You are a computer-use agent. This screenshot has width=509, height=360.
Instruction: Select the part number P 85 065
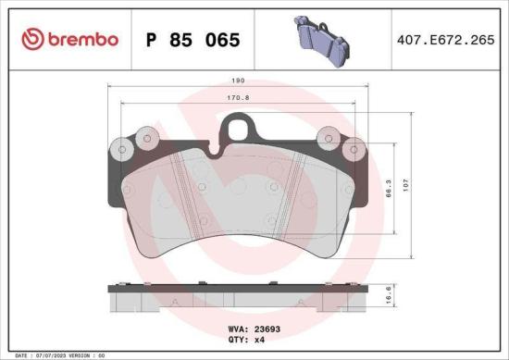[193, 40]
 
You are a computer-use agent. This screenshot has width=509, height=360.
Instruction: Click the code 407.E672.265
[444, 40]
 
